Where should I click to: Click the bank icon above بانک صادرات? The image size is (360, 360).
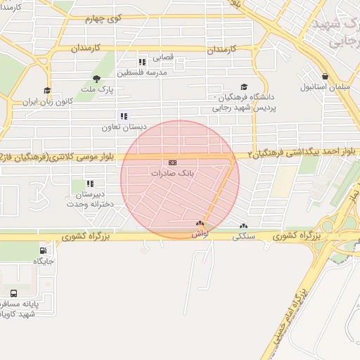coord(173,162)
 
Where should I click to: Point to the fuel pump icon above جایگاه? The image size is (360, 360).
coord(44,250)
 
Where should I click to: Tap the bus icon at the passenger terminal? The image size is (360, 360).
coord(14,292)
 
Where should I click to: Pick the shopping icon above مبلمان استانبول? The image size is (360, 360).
coord(324,77)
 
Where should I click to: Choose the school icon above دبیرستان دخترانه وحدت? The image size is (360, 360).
coord(90,184)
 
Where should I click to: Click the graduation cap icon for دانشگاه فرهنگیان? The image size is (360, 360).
coord(244,86)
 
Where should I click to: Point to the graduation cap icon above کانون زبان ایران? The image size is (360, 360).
coord(47,90)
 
